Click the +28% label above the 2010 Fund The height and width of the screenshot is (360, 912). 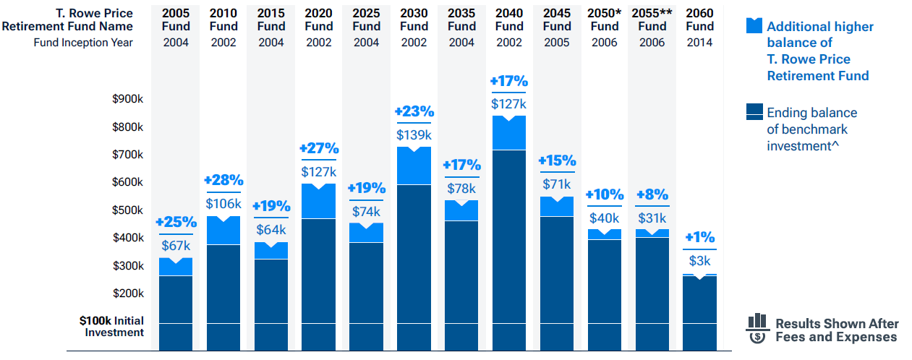223,180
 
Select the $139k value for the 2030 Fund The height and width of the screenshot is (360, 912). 414,134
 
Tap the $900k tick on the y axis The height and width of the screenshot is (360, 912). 128,99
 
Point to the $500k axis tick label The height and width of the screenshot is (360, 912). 128,210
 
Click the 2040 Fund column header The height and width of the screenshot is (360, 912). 509,20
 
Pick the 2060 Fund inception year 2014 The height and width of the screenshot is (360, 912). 699,42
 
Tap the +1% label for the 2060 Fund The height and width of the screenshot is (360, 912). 699,237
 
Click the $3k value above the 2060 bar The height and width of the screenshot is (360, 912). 699,261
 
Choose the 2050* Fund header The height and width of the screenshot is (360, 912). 605,20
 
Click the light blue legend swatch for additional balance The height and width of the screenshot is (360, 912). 754,26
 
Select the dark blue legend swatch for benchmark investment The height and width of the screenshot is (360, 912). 754,111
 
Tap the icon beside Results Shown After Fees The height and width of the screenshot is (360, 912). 757,329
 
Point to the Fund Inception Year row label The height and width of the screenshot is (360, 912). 83,42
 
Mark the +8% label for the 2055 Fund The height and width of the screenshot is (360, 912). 652,194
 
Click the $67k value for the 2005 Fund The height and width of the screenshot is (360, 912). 176,246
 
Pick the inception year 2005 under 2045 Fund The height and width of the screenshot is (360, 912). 556,42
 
